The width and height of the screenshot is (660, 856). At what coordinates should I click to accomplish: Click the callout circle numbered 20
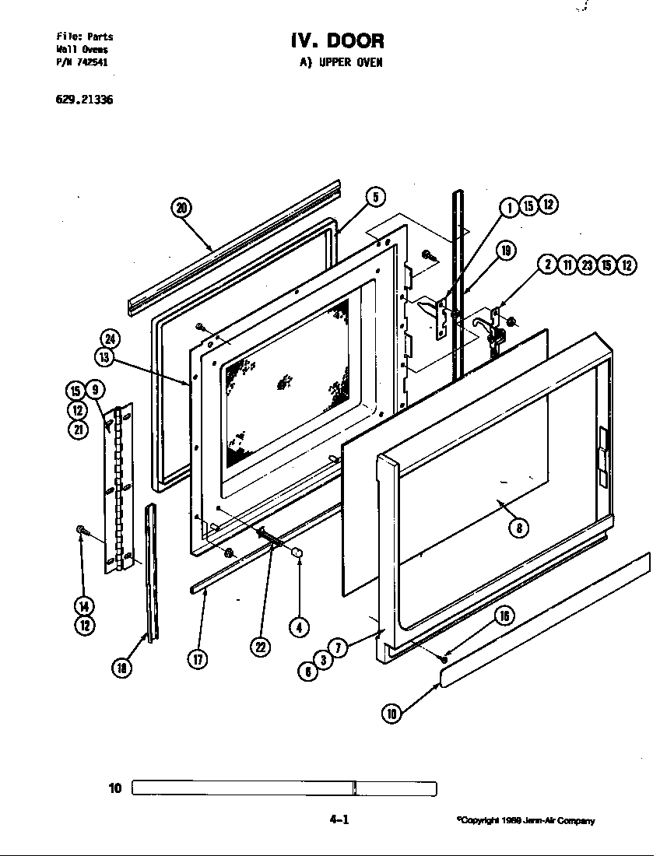tap(181, 207)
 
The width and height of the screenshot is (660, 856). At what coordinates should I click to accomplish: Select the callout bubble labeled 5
tap(374, 197)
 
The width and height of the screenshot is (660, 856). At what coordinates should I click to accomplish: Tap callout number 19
tap(505, 251)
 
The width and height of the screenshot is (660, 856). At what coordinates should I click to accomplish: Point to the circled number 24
tap(111, 339)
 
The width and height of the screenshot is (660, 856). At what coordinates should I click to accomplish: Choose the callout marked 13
tap(104, 358)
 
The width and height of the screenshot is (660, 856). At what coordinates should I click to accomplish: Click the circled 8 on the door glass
tap(519, 528)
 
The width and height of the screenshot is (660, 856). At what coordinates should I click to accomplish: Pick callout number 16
tap(504, 616)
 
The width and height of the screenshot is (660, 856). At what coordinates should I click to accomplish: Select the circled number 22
tap(260, 647)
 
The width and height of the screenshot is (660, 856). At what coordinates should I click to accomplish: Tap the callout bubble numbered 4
tap(298, 626)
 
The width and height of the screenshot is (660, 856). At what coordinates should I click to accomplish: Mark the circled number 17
tap(198, 659)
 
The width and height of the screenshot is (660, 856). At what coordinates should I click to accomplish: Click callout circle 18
tap(121, 666)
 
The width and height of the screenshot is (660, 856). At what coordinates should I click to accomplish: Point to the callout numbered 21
tap(78, 429)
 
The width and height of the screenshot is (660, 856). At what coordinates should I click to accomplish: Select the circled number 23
tap(588, 265)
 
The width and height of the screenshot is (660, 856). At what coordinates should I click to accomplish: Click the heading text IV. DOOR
tap(337, 40)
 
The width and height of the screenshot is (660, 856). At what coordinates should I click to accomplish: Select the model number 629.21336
tap(85, 100)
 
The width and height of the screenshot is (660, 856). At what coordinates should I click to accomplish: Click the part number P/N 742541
tap(82, 63)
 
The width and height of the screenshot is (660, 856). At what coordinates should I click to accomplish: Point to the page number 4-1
tap(339, 819)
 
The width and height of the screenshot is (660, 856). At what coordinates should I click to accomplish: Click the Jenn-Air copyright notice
tap(526, 820)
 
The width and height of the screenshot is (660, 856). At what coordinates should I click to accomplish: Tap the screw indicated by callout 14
tap(81, 531)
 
